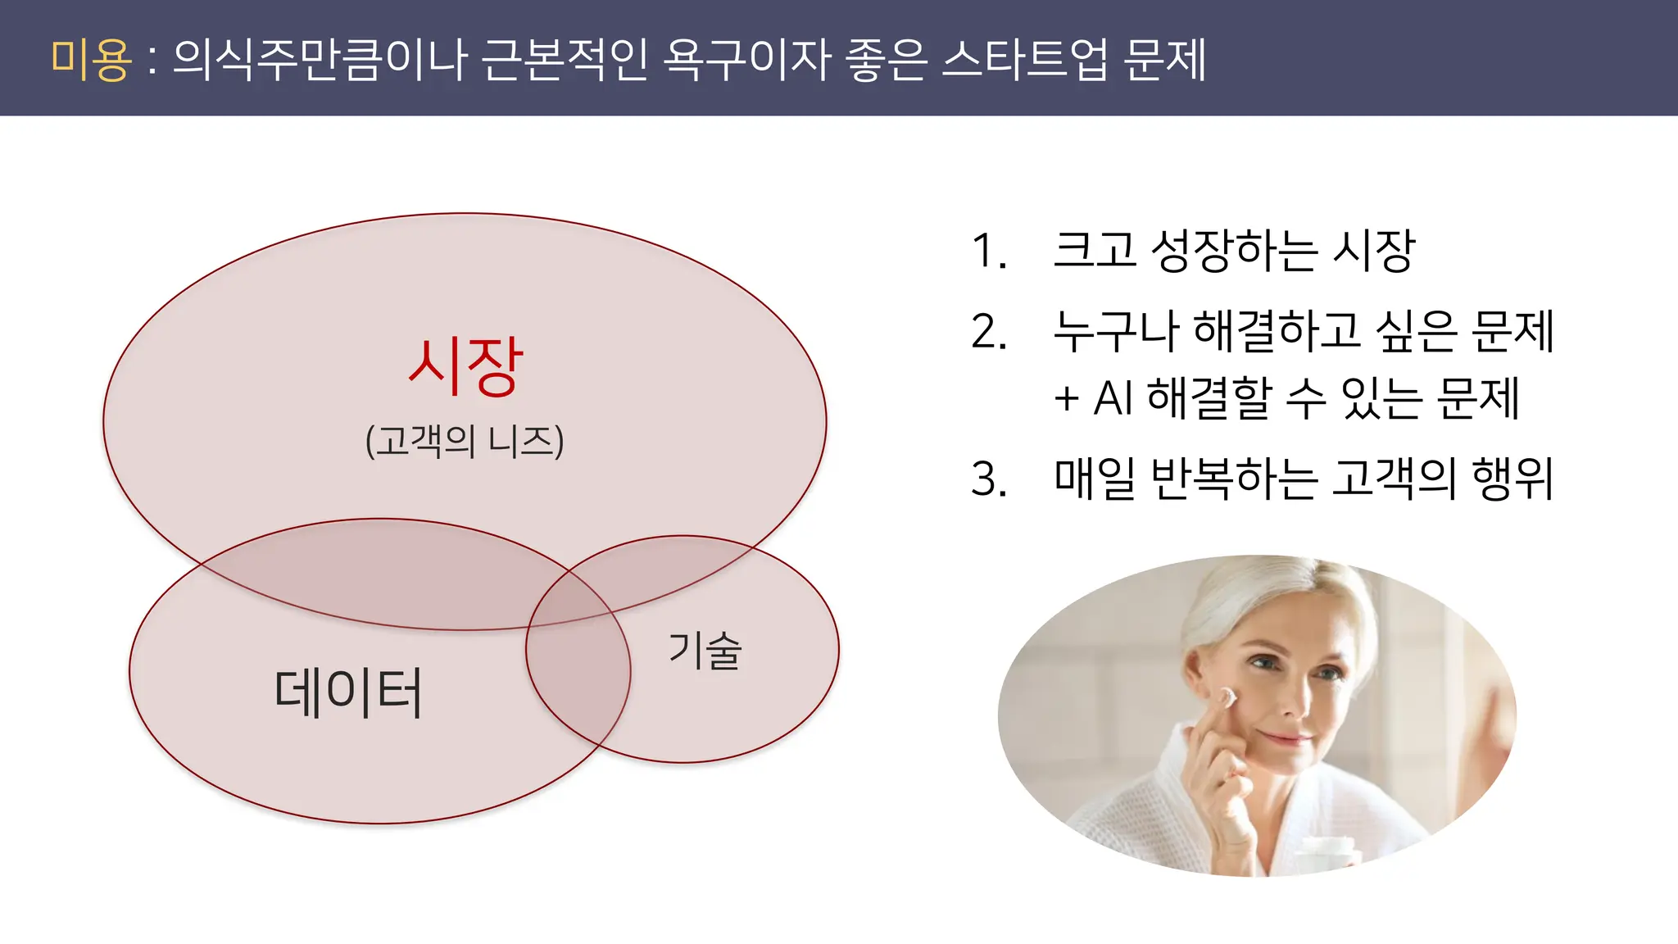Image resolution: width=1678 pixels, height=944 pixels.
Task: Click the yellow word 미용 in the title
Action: pos(90,59)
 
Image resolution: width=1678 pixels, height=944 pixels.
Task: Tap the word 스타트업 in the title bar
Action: pos(1024,59)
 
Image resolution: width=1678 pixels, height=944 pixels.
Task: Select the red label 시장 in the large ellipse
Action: pos(465,366)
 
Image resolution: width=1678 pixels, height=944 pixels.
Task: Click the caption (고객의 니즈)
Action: pos(465,441)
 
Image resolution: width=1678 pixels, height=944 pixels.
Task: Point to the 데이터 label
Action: pos(348,692)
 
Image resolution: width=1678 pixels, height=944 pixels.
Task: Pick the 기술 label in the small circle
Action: pos(705,651)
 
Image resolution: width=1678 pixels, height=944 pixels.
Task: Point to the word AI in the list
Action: pos(1113,399)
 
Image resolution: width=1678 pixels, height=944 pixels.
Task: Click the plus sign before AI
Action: pos(1066,400)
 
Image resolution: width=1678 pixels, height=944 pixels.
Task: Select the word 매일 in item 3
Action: pos(1095,479)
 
